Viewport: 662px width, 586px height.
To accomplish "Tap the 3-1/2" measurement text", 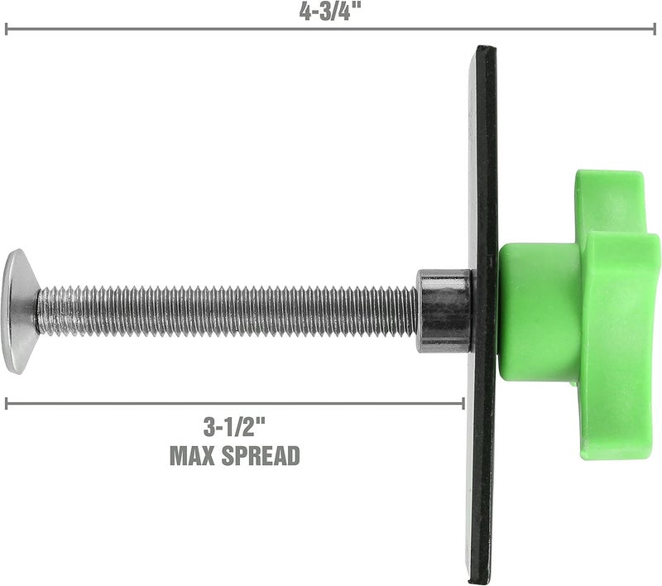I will coord(235,429).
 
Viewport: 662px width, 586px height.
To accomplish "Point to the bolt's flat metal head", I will coord(19,310).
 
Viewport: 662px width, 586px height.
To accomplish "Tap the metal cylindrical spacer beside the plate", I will coord(444,310).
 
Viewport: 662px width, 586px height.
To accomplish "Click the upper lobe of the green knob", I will coord(608,199).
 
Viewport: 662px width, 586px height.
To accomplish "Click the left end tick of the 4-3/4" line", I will coord(7,30).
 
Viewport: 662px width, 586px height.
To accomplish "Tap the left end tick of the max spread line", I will coord(7,403).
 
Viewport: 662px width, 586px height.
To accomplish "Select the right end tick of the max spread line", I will coord(463,403).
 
